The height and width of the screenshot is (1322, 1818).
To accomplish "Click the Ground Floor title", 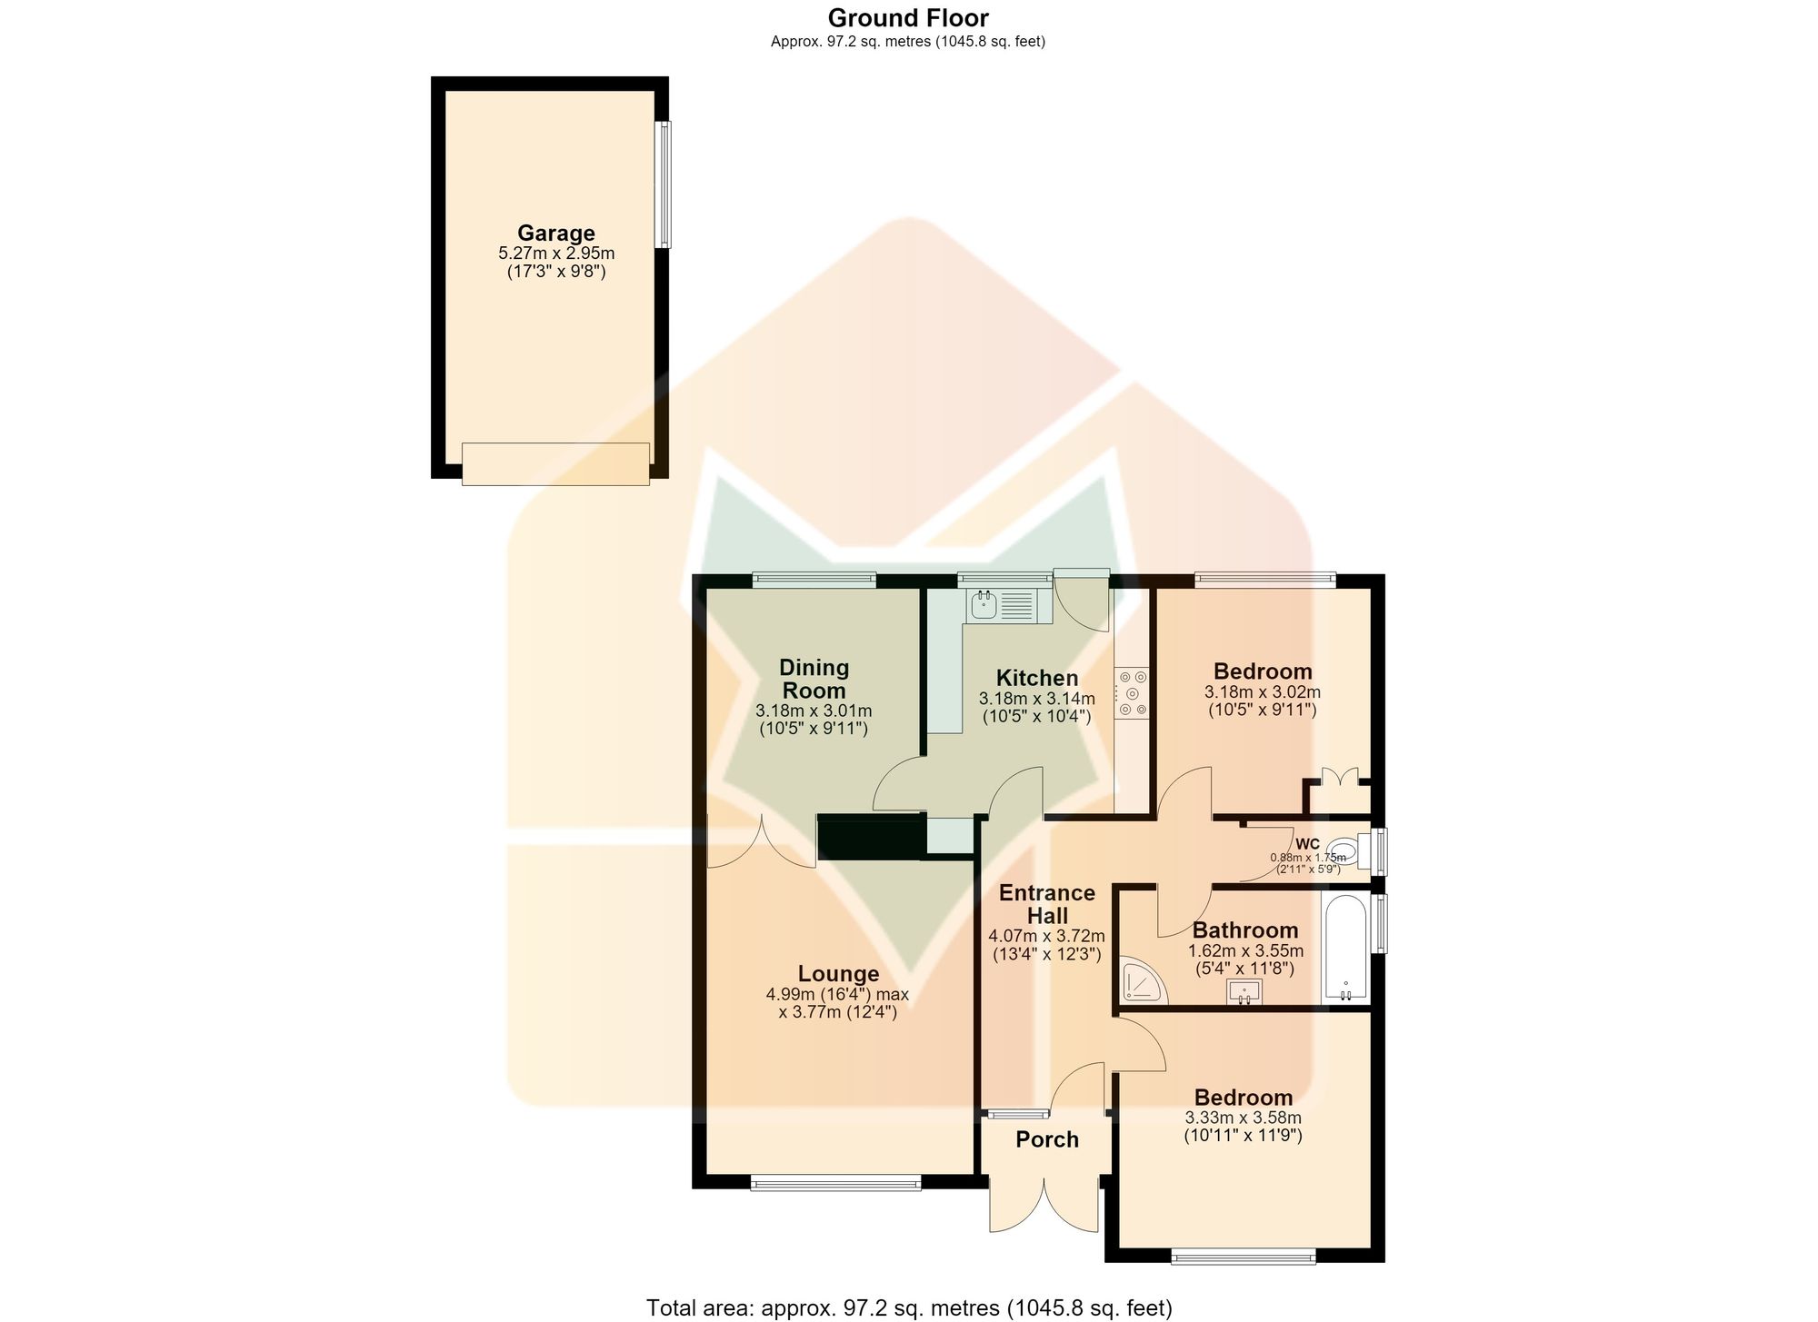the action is click(x=908, y=17).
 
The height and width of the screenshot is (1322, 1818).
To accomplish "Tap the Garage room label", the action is click(x=556, y=233).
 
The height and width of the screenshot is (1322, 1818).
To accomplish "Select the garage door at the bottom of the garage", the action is click(x=555, y=463).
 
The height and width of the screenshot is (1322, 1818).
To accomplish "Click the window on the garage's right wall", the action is click(x=664, y=184).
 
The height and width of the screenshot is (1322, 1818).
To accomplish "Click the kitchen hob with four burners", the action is click(x=1133, y=693).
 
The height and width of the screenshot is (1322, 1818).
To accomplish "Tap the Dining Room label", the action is click(x=814, y=679).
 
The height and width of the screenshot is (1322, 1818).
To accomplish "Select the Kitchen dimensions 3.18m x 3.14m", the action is click(x=1037, y=699).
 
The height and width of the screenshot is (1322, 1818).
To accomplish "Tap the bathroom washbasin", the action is click(x=1244, y=992).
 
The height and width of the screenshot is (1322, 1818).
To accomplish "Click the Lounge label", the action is click(x=838, y=973).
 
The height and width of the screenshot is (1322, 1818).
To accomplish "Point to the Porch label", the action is click(x=1047, y=1139).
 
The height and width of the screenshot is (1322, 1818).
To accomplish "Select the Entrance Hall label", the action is click(x=1047, y=904).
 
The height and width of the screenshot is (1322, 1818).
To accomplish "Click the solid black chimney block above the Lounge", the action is click(x=871, y=837).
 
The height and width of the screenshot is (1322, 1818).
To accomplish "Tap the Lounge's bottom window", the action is click(x=836, y=1182).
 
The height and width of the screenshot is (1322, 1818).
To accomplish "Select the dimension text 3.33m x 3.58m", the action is click(x=1243, y=1118).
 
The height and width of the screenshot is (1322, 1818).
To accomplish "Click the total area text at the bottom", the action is click(x=909, y=1307).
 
